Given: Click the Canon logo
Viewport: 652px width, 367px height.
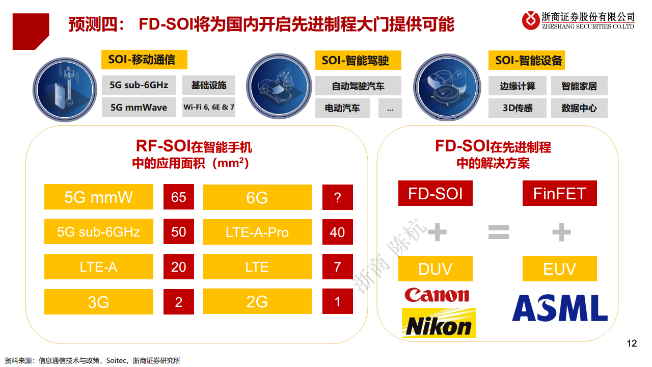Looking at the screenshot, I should [x=437, y=295].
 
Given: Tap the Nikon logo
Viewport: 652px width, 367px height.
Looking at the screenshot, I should [x=439, y=323].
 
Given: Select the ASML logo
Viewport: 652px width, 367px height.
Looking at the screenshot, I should [x=559, y=308].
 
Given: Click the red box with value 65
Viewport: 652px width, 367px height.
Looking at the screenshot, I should [x=178, y=197].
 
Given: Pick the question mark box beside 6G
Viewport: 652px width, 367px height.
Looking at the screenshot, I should [x=337, y=197].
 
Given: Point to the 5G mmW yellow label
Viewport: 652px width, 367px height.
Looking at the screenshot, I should [x=98, y=197].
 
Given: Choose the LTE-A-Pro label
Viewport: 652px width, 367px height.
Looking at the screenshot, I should [x=257, y=232].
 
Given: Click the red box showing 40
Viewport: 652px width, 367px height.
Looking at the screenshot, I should [x=337, y=232].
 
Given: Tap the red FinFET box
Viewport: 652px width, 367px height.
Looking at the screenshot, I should [x=559, y=194].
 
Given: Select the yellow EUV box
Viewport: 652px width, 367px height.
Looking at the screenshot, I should [x=559, y=269].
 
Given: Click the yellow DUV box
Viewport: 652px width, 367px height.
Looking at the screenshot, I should [x=435, y=269].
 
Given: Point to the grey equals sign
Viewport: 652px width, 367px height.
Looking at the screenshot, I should [x=499, y=232].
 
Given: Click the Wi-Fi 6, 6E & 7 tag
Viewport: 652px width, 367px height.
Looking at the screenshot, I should [x=209, y=108].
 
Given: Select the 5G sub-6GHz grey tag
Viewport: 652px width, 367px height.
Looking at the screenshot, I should [x=139, y=85].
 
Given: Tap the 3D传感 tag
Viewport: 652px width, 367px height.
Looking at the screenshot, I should [x=518, y=108].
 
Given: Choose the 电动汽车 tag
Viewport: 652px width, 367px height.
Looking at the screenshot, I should [x=342, y=108].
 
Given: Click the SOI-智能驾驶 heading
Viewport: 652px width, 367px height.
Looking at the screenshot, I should [x=355, y=61].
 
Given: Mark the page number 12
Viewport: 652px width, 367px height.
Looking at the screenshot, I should [x=631, y=344].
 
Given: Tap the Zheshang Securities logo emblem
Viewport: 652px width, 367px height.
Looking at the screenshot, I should [x=531, y=20].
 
